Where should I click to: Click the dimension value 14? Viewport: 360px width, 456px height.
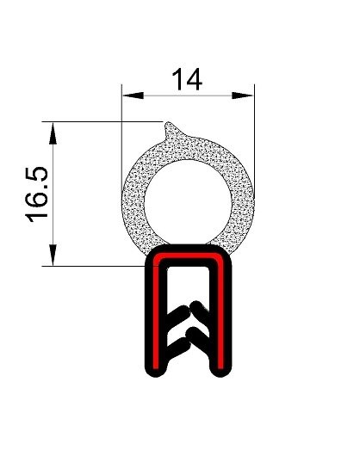click(x=188, y=79)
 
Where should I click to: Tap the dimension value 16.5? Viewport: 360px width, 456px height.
click(x=40, y=194)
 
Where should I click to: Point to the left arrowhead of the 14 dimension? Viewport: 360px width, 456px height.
click(x=126, y=92)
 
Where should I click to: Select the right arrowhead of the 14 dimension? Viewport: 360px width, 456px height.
click(x=251, y=92)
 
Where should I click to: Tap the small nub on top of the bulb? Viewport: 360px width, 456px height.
click(x=172, y=130)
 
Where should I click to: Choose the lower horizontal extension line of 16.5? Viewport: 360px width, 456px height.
click(x=95, y=266)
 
